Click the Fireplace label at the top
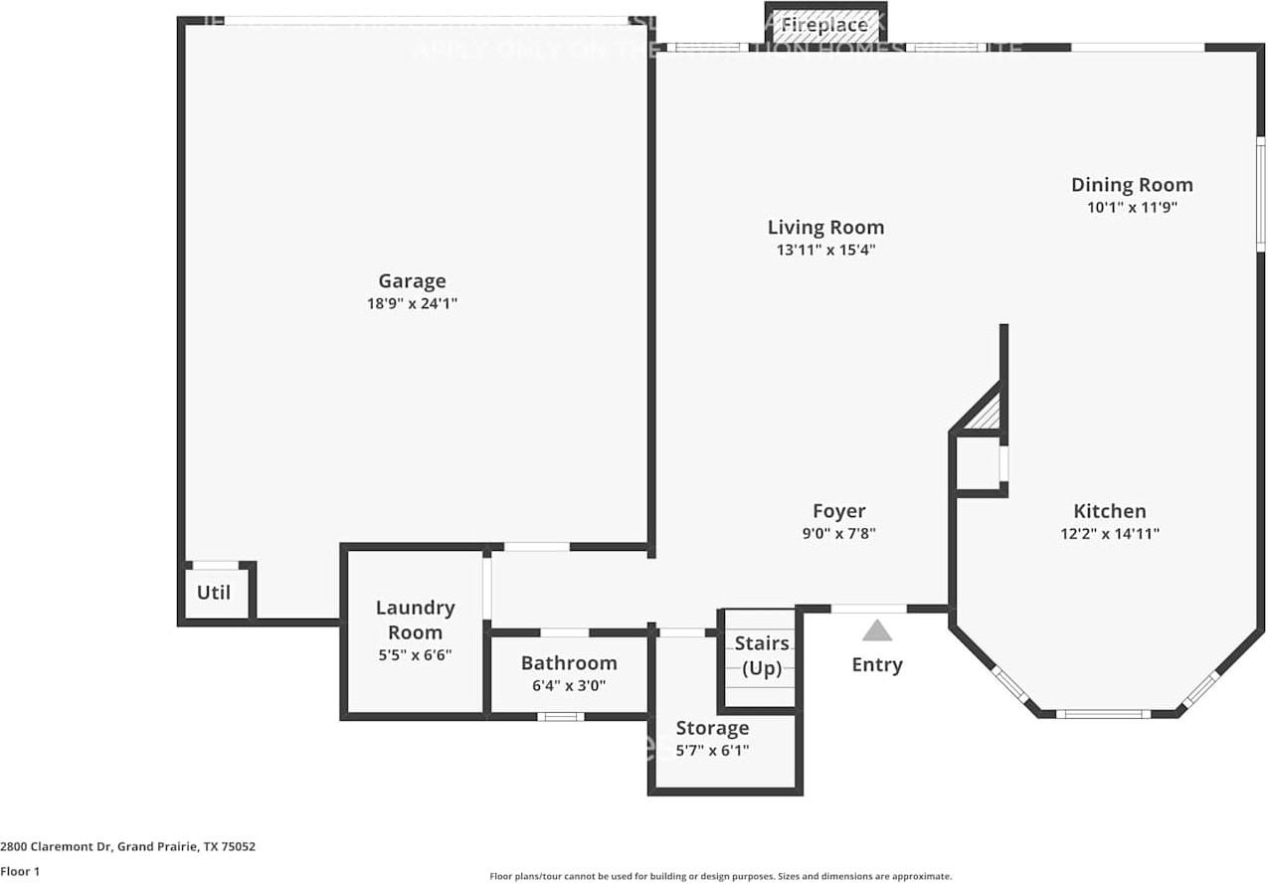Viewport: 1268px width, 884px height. click(823, 25)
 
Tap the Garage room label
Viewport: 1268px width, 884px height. click(412, 281)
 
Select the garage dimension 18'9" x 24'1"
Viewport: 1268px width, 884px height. click(412, 304)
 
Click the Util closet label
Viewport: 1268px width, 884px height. click(214, 593)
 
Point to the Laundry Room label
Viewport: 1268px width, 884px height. click(415, 619)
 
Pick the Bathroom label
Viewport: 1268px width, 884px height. click(569, 663)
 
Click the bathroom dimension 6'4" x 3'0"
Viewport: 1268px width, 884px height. click(569, 685)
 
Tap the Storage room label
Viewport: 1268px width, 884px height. click(712, 728)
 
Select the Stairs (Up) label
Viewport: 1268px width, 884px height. click(763, 655)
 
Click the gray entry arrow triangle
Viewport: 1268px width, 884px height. click(876, 630)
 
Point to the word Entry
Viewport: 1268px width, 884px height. click(877, 664)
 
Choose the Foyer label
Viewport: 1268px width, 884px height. click(838, 511)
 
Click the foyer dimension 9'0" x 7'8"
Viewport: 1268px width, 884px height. click(838, 533)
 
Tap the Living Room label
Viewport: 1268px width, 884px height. click(825, 228)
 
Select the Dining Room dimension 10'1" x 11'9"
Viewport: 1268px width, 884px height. click(1132, 207)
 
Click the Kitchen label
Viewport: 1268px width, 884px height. click(1110, 511)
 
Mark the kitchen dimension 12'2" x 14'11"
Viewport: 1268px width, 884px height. click(1110, 533)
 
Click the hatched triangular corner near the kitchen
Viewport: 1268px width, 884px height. click(988, 415)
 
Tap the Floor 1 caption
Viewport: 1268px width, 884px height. click(20, 871)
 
